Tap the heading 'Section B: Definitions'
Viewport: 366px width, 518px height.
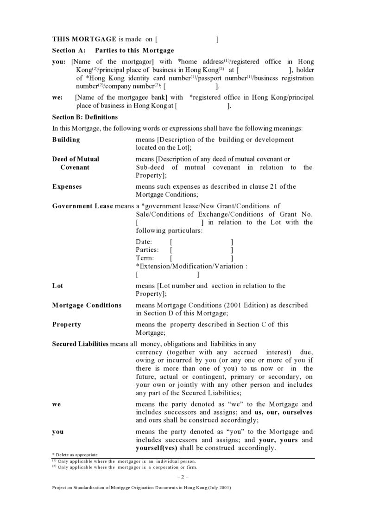click(x=85, y=117)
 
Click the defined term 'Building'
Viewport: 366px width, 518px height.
click(x=66, y=140)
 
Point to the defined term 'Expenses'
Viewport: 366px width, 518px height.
click(x=67, y=186)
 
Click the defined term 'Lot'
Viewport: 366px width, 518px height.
click(x=57, y=286)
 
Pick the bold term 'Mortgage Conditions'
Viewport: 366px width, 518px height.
click(x=87, y=305)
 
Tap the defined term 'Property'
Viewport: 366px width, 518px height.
click(x=66, y=325)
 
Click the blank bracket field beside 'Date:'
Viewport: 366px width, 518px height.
click(x=201, y=242)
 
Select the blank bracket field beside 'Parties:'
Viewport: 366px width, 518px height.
click(x=201, y=250)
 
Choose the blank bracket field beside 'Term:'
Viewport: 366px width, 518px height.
click(x=201, y=258)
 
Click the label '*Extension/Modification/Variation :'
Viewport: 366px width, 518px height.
click(x=191, y=267)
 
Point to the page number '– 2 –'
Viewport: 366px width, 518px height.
click(x=183, y=477)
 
